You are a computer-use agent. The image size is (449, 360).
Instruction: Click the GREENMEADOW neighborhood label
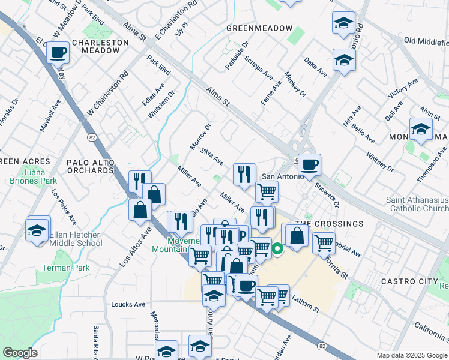(259, 28)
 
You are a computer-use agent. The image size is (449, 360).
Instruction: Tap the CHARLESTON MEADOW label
(100, 47)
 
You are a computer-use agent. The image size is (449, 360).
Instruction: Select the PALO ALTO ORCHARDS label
(90, 170)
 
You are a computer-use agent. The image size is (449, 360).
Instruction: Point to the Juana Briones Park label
(32, 180)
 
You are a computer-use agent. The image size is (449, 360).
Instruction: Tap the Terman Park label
(65, 268)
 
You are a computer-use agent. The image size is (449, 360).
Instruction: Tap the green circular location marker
(277, 248)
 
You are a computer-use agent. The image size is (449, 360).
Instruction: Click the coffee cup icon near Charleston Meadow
(58, 52)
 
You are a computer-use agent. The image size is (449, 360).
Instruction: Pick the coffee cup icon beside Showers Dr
(309, 165)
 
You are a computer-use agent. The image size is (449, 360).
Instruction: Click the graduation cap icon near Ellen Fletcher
(37, 230)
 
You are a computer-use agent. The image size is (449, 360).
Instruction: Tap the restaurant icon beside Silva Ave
(244, 175)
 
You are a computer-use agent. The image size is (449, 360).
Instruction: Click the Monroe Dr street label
(201, 136)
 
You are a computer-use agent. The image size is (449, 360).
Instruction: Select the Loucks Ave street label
(128, 304)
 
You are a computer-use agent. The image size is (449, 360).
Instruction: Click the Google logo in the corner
(20, 352)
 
